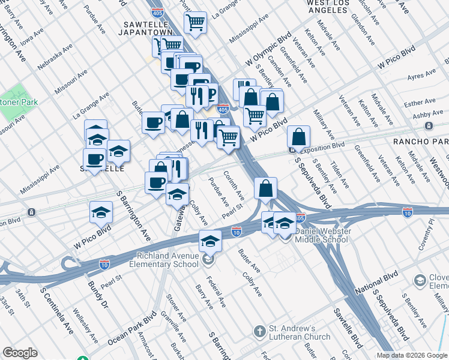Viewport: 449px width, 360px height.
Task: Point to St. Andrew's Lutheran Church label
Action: pos(300,332)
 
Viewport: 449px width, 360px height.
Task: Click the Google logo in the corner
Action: pos(20,353)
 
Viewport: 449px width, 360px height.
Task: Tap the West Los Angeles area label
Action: pos(337,6)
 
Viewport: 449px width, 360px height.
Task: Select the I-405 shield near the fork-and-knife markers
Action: pos(222,109)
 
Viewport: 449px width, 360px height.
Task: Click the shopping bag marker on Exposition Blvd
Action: pos(298,137)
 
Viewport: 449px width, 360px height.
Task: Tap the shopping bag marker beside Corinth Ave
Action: pos(265,188)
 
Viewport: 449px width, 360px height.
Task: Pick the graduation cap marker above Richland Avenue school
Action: pos(210,240)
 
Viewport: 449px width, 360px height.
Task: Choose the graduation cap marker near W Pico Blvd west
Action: pos(101,211)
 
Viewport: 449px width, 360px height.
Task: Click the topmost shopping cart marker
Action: pos(195,23)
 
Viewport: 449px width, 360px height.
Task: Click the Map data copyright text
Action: pos(412,355)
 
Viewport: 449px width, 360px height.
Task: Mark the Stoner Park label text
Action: pos(18,102)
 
